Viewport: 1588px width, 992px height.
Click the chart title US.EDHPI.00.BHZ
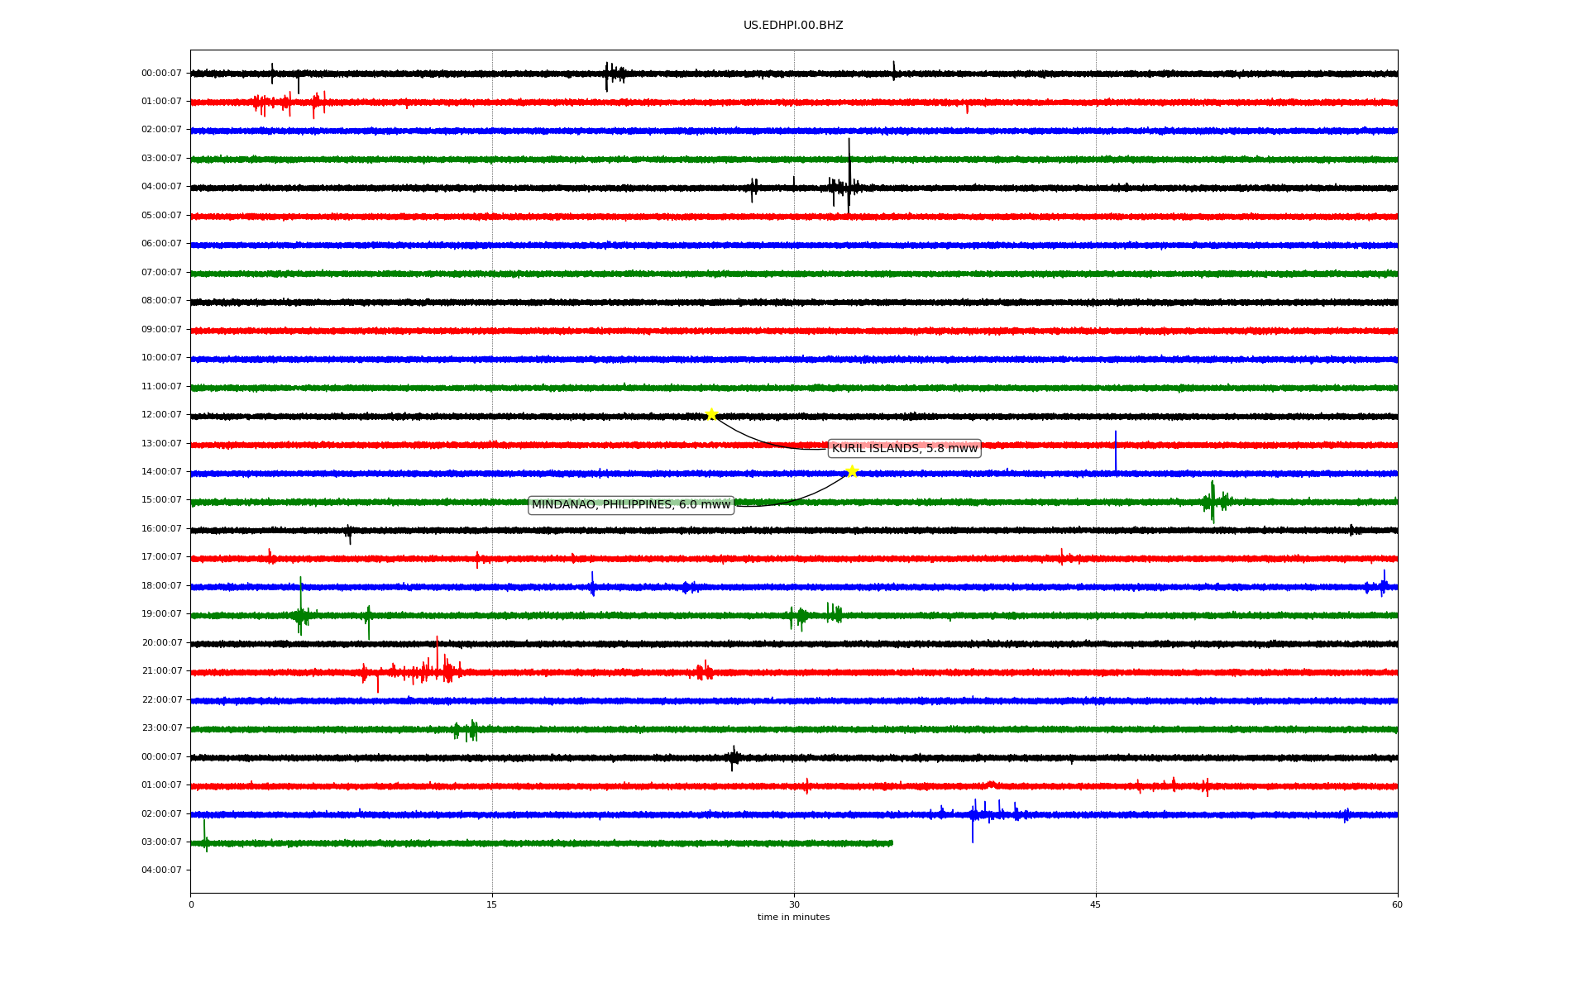pos(793,26)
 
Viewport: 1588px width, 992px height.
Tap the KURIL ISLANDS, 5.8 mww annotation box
pos(904,449)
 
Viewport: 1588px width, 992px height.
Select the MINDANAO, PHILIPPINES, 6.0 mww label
pos(631,505)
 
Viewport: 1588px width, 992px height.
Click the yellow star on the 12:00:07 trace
pos(710,415)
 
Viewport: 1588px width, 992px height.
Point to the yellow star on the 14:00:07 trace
pos(852,472)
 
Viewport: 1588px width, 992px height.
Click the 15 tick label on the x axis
pos(492,904)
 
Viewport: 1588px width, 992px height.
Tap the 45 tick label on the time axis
pos(1096,904)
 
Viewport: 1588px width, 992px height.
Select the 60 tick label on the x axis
pos(1397,904)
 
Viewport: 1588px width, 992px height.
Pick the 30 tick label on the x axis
pos(794,904)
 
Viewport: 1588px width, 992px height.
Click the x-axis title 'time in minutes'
pos(793,918)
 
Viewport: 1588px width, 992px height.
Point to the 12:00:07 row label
pos(161,415)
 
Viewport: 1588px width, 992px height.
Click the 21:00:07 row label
pos(161,671)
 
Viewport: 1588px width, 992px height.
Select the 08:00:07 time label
pos(161,301)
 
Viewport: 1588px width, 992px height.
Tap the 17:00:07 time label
pos(161,557)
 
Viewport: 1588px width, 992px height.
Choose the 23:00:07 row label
pos(161,728)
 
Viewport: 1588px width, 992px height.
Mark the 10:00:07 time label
pos(161,358)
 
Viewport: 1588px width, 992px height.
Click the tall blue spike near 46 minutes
pos(1115,451)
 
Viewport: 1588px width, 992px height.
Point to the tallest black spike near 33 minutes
pos(849,175)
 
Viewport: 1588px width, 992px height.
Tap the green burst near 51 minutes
pos(1213,501)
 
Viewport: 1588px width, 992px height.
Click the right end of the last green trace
pos(892,843)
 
